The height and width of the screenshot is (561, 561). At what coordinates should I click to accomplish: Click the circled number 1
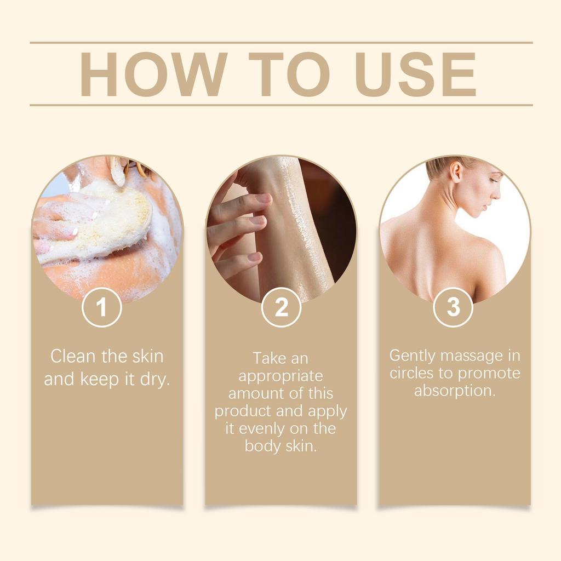point(101,308)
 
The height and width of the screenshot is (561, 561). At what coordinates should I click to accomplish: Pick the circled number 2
point(281,308)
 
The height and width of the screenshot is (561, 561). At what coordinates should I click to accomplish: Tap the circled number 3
point(453,307)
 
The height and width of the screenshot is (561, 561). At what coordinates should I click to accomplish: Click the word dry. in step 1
point(155,379)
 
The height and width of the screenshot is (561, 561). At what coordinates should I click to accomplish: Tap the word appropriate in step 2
point(280,376)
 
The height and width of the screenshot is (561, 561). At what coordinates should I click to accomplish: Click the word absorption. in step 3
point(455,391)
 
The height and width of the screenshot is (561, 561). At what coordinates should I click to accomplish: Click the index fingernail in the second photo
point(264,198)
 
